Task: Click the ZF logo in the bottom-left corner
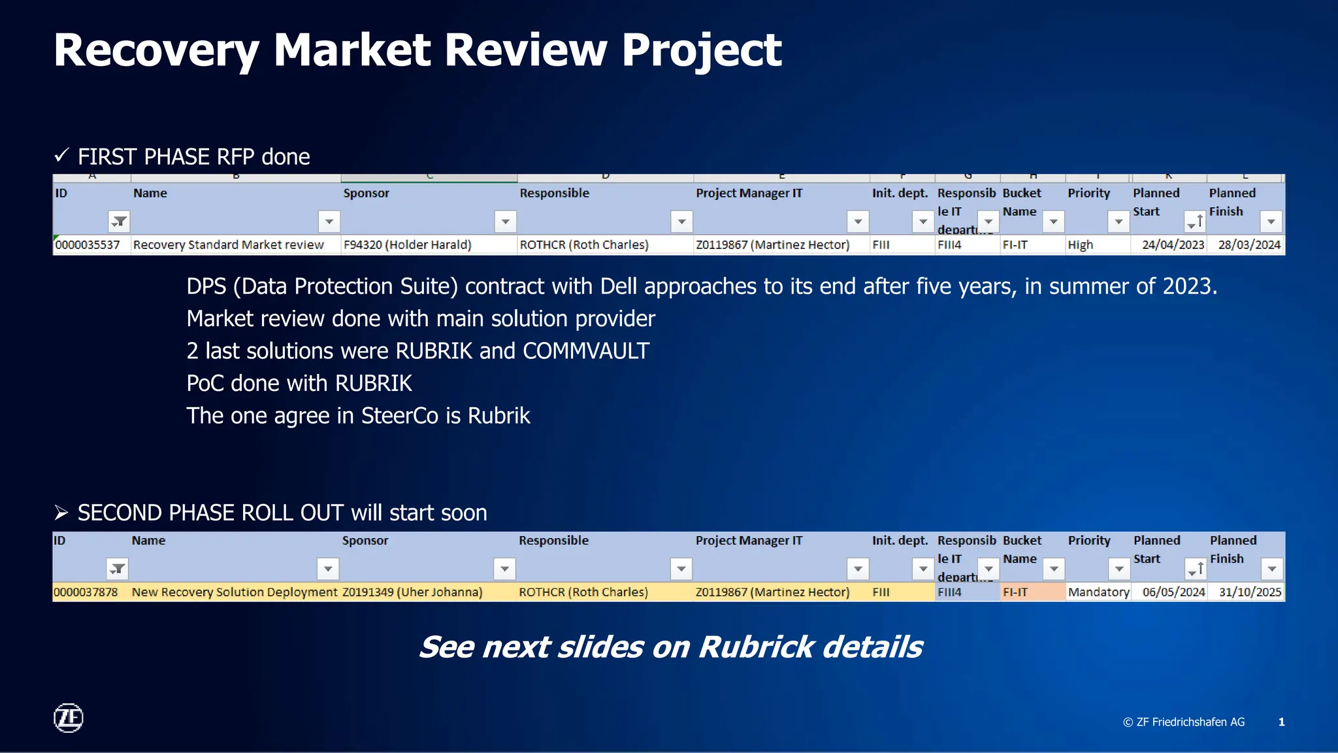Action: tap(68, 718)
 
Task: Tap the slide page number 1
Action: tap(1281, 722)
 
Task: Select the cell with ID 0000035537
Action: tap(88, 244)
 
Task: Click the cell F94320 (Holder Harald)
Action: tap(407, 244)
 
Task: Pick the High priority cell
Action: tap(1080, 244)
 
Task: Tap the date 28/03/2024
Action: tap(1248, 244)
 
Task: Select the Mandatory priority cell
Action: tap(1098, 592)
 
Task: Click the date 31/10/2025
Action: tap(1249, 592)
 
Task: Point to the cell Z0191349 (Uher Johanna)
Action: tap(412, 592)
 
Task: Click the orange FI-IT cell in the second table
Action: tap(1016, 592)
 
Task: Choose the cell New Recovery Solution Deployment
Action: tap(235, 592)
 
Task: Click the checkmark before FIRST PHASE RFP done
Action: tap(61, 156)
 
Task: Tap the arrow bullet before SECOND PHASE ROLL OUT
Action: tap(61, 512)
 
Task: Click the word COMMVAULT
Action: tap(585, 351)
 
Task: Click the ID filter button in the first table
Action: tap(119, 222)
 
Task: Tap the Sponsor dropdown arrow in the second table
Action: tap(504, 569)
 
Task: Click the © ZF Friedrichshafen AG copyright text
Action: tap(1183, 722)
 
